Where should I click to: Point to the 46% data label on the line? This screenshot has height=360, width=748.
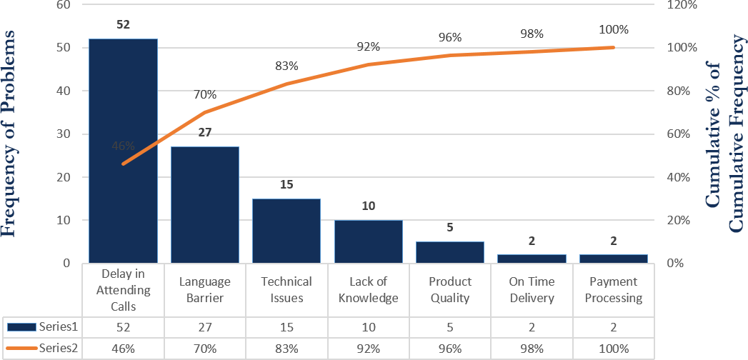[x=123, y=146]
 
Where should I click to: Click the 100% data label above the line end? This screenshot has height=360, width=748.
[x=614, y=30]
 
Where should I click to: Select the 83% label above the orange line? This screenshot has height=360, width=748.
[x=286, y=66]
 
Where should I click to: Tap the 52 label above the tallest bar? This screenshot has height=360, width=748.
[x=123, y=25]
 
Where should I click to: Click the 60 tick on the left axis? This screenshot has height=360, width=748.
[x=64, y=5]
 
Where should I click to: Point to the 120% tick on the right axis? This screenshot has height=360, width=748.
[x=682, y=5]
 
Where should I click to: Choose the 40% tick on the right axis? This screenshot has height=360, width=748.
[x=679, y=177]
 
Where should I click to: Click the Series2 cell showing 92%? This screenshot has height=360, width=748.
[x=368, y=349]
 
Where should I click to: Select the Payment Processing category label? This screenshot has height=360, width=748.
[x=614, y=290]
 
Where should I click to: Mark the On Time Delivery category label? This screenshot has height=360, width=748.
[x=532, y=290]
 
